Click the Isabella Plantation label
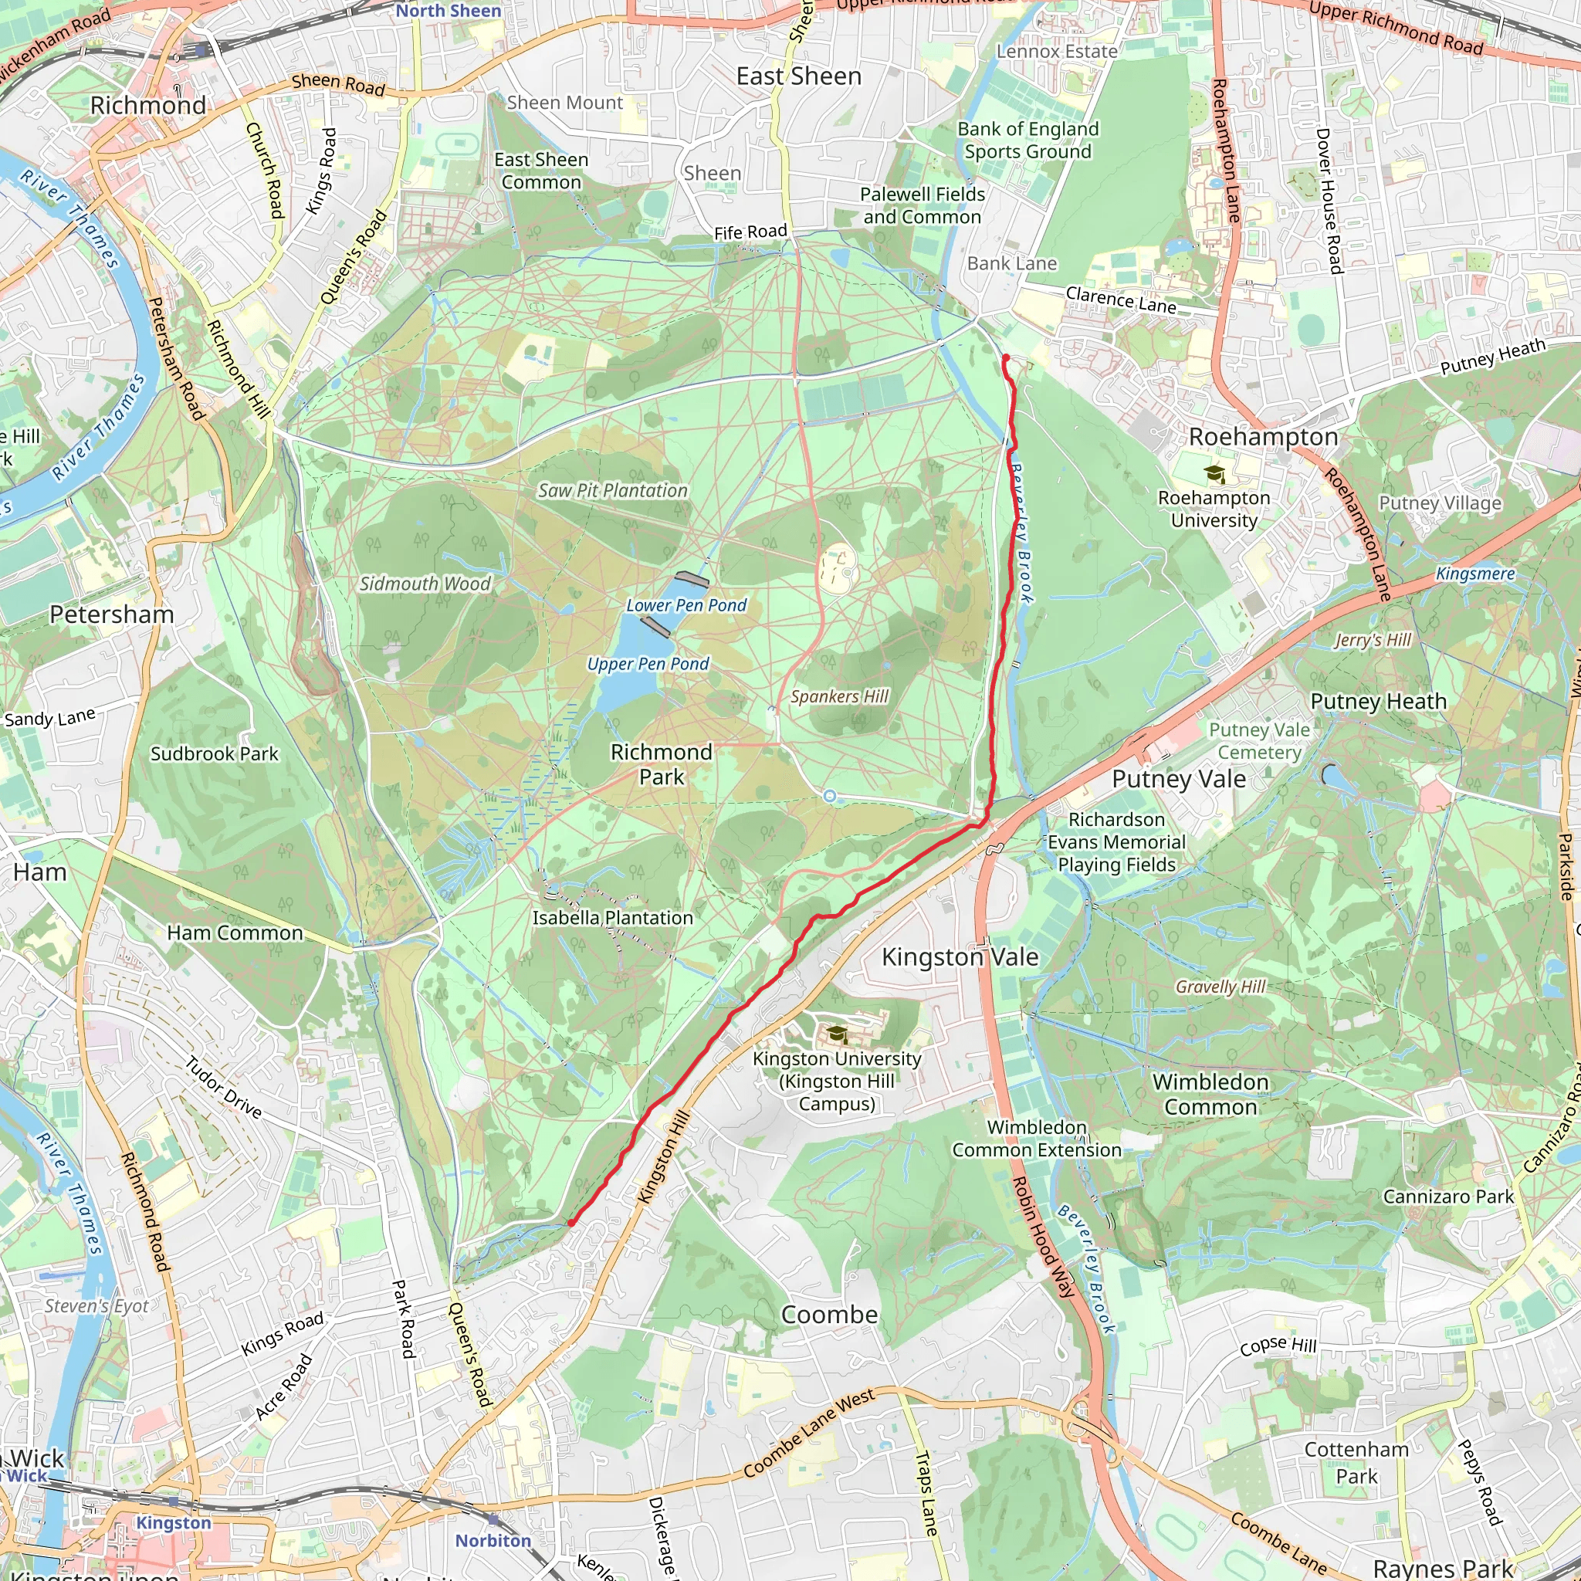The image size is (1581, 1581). click(x=612, y=918)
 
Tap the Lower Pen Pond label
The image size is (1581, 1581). click(x=686, y=605)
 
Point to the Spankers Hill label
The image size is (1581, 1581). click(x=839, y=696)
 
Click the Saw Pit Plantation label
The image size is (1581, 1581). click(x=612, y=490)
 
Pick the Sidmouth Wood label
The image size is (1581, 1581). click(x=425, y=584)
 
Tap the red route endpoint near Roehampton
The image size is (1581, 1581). click(x=1006, y=358)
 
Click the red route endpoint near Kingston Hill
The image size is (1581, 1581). click(x=571, y=1223)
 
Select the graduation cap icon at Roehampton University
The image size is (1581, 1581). click(x=1214, y=473)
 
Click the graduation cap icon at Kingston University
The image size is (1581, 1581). click(x=835, y=1034)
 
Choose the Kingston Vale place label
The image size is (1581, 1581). click(x=959, y=956)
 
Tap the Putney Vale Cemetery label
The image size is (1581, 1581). click(x=1258, y=740)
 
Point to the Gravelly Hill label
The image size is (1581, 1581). click(x=1220, y=987)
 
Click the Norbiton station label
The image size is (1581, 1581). click(x=493, y=1541)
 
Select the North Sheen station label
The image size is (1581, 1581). click(x=448, y=11)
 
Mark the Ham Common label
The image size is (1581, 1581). click(x=234, y=933)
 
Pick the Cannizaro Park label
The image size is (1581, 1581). click(x=1447, y=1197)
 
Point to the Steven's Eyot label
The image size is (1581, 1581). click(x=96, y=1306)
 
